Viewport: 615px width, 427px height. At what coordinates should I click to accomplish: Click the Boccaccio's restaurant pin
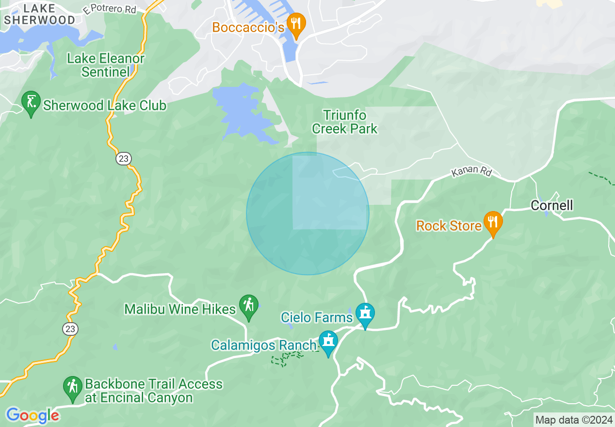pyautogui.click(x=295, y=23)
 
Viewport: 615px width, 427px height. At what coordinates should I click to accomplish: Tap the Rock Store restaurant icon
pyautogui.click(x=493, y=222)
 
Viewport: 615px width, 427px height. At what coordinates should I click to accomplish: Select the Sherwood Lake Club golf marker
pyautogui.click(x=31, y=102)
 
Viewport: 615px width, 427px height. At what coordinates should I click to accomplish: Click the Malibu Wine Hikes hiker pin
pyautogui.click(x=249, y=306)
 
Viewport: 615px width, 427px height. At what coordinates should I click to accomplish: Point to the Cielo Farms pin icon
pyautogui.click(x=365, y=313)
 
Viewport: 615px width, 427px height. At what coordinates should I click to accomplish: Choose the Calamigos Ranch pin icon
pyautogui.click(x=328, y=342)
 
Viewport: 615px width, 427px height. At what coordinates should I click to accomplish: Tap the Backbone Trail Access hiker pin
pyautogui.click(x=73, y=387)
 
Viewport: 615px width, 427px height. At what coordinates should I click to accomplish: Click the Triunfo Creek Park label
pyautogui.click(x=345, y=122)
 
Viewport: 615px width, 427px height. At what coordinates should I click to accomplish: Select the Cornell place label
pyautogui.click(x=551, y=205)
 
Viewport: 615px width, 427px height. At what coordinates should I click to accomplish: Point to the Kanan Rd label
pyautogui.click(x=471, y=172)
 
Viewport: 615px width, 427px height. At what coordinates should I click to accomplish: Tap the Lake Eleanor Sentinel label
pyautogui.click(x=106, y=66)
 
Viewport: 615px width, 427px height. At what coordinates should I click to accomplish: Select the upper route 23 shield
pyautogui.click(x=124, y=158)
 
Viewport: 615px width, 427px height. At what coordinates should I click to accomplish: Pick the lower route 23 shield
pyautogui.click(x=70, y=329)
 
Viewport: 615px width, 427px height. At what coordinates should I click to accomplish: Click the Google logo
pyautogui.click(x=32, y=415)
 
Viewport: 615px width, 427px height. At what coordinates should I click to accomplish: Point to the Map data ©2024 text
pyautogui.click(x=574, y=420)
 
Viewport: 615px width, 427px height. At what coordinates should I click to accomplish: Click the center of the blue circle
pyautogui.click(x=307, y=213)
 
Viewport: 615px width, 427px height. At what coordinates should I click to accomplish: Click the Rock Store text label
pyautogui.click(x=449, y=226)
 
